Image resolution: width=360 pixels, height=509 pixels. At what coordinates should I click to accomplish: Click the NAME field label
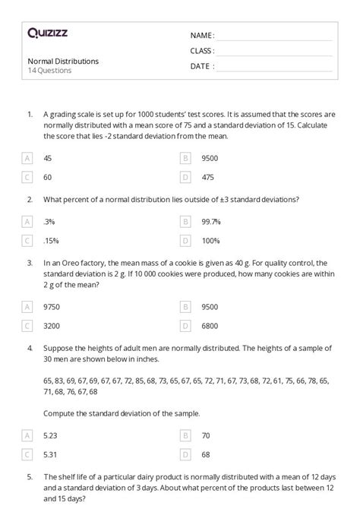202,35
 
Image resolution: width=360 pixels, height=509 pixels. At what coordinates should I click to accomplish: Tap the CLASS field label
202,50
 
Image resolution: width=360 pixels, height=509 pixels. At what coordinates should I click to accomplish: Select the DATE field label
201,65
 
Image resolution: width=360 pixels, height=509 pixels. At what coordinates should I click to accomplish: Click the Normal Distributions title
63,62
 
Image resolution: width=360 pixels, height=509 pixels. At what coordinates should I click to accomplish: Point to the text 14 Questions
49,71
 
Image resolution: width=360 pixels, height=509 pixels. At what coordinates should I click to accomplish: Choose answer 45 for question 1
49,158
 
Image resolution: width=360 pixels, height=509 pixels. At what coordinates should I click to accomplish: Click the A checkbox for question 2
28,221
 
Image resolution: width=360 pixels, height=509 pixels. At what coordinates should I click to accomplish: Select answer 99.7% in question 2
211,221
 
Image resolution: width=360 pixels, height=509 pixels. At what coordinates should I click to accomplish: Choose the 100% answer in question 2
209,240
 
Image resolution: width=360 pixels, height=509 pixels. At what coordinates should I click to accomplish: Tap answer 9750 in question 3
52,306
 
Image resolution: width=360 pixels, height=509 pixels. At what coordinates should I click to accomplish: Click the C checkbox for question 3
28,325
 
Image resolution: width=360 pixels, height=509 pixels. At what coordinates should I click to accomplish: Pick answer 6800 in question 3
210,325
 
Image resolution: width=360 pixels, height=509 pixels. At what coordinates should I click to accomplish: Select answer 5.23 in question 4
51,435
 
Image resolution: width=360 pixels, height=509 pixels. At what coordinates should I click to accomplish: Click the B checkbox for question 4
185,435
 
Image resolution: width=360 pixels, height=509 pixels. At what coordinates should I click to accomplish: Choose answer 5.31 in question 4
51,454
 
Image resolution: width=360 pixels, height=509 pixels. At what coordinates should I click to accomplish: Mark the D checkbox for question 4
185,454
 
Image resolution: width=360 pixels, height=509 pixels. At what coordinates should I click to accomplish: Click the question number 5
29,479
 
